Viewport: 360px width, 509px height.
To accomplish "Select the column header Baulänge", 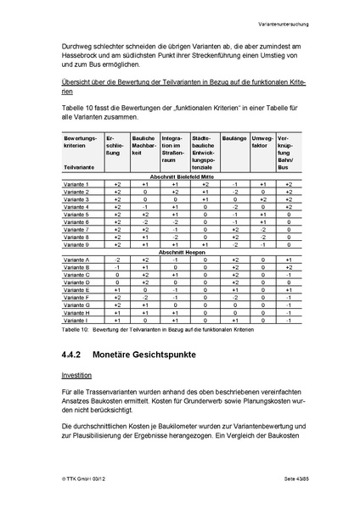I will click(x=233, y=137).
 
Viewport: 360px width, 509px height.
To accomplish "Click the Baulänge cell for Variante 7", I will click(x=235, y=229).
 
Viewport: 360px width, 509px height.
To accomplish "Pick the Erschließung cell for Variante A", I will click(x=118, y=260).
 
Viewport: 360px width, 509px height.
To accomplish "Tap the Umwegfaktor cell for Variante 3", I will click(x=263, y=199).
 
